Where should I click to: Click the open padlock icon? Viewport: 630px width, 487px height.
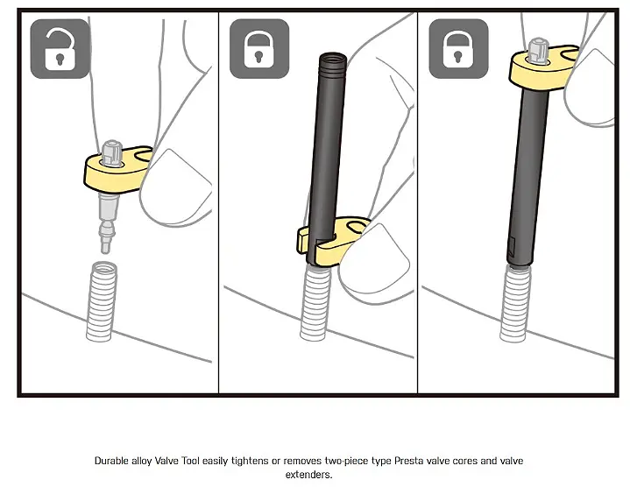60,49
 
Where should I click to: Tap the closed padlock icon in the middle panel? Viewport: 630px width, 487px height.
259,49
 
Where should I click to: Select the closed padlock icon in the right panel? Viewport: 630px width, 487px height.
458,49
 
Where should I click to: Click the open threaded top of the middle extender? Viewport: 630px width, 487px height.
333,60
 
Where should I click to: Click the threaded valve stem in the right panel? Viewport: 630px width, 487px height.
515,304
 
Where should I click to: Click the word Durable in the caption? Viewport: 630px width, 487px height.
111,461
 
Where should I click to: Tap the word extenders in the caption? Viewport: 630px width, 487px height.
308,475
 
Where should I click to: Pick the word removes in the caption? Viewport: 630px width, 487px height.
302,461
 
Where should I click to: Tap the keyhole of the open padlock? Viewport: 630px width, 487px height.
60,60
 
